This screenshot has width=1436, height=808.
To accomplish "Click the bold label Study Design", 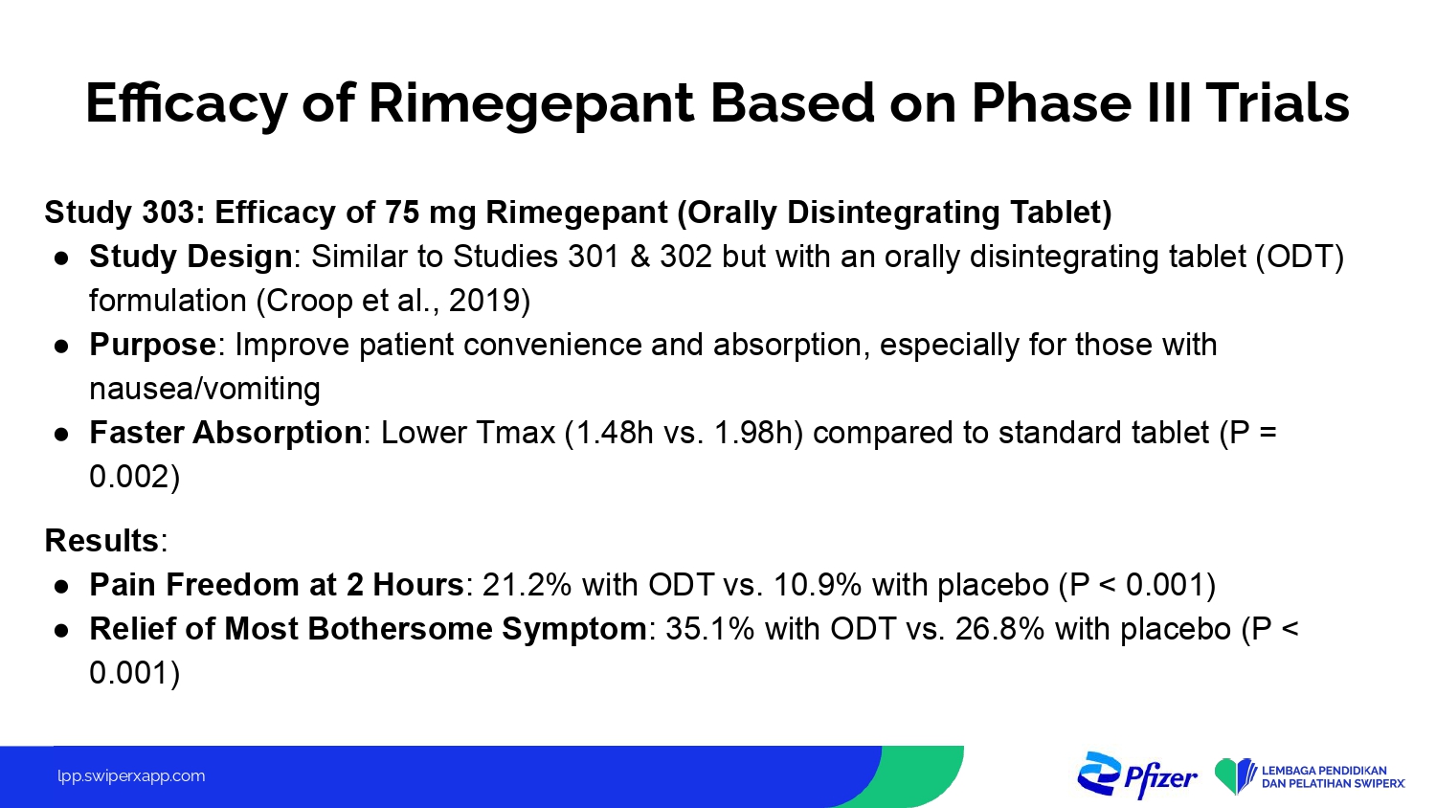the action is pyautogui.click(x=191, y=258).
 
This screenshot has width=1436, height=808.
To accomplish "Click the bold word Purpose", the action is pyautogui.click(x=152, y=346).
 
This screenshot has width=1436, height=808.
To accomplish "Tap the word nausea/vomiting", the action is pyautogui.click(x=205, y=389).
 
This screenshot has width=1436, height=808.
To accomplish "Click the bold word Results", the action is pyautogui.click(x=101, y=541).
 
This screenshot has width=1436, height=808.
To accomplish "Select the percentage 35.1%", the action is pyautogui.click(x=710, y=629).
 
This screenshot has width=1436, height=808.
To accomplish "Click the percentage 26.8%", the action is pyautogui.click(x=1000, y=629).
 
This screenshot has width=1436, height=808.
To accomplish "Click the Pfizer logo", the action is pyautogui.click(x=1137, y=775).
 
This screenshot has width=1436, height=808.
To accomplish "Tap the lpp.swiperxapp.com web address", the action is pyautogui.click(x=131, y=776).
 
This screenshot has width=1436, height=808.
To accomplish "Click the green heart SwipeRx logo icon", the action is pyautogui.click(x=1235, y=776).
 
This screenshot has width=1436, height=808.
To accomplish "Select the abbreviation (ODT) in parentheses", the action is pyautogui.click(x=1299, y=258).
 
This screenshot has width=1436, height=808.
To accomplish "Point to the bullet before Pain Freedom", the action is pyautogui.click(x=61, y=586).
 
